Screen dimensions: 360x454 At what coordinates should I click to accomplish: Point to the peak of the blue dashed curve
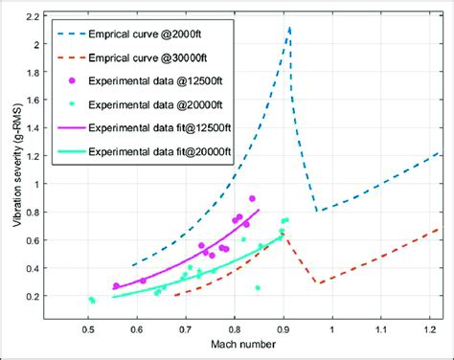coord(289,28)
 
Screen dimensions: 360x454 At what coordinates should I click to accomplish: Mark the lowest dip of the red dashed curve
coord(320,283)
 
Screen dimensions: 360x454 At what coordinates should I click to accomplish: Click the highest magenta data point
coord(253,198)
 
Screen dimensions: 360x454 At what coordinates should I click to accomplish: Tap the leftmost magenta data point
coord(116,285)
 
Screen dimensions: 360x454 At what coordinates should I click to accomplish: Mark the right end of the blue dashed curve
coord(439,152)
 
